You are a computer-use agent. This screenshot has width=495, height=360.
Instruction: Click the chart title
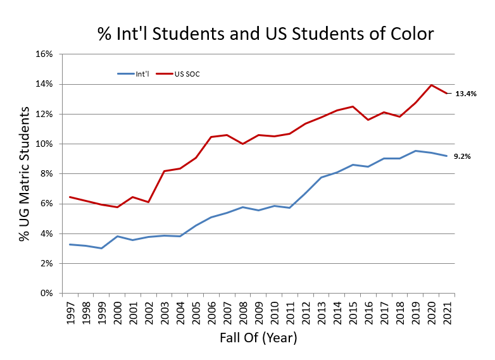tap(266, 34)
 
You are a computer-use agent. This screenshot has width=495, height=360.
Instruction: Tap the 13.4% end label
tap(465, 94)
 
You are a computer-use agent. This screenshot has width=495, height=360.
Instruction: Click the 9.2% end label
tap(463, 156)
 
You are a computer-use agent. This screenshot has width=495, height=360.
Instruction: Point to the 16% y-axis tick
tap(43, 54)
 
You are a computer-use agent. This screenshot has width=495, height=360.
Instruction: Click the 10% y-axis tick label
tap(43, 144)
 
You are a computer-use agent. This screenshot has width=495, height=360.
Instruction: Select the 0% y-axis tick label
tap(45, 294)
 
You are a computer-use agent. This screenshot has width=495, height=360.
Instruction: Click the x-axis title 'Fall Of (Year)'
tap(258, 338)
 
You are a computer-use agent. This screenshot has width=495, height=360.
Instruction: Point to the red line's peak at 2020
tap(432, 85)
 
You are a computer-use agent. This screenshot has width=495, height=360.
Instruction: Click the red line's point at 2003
tap(164, 171)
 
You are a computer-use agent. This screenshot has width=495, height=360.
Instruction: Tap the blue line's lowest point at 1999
tap(101, 248)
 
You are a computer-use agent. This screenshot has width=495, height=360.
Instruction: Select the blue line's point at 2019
tap(416, 151)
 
